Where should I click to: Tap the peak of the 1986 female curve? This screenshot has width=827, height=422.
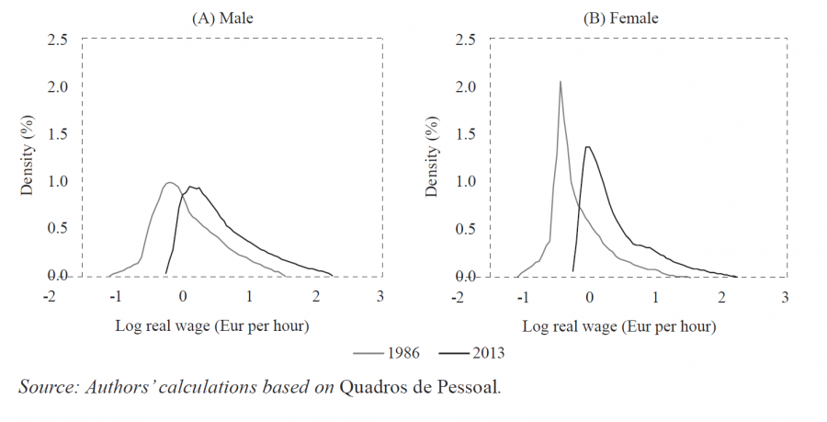point(560,81)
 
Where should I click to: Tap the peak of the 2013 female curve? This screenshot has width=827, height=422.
point(587,146)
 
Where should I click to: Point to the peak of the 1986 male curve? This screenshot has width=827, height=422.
point(170,182)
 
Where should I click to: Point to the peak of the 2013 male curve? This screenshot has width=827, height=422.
point(190,187)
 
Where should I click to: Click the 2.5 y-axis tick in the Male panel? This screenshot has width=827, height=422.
point(57,40)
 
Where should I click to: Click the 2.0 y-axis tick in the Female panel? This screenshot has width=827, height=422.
point(464,87)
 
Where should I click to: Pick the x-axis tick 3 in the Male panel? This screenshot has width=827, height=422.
point(380,298)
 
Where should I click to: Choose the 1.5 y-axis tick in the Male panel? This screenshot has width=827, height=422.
point(57,134)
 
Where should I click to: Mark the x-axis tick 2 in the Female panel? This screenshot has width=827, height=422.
point(720,298)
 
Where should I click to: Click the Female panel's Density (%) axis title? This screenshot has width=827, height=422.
point(432,158)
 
